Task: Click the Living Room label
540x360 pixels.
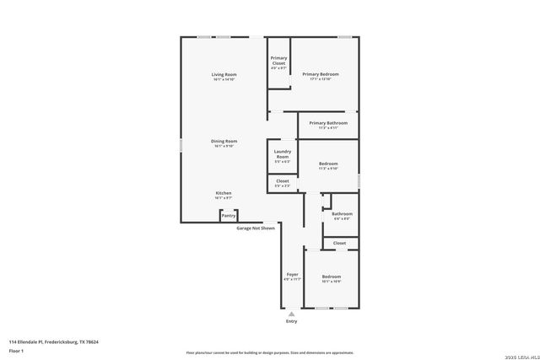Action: tap(224, 75)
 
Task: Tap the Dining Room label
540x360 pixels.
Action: tap(224, 141)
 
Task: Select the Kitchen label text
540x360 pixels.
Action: tap(224, 193)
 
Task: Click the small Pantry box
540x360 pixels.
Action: tap(228, 216)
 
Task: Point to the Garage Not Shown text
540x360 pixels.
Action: tap(256, 228)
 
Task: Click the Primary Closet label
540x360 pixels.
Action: tap(278, 60)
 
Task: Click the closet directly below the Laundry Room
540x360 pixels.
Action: tap(283, 181)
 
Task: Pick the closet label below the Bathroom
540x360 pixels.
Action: tap(339, 243)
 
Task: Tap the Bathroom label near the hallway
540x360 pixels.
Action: tap(342, 214)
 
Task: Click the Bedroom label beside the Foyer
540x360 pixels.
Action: tap(331, 277)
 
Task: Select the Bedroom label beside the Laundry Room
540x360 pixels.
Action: tap(328, 163)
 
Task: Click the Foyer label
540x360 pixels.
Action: tap(292, 275)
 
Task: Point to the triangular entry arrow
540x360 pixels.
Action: tap(292, 313)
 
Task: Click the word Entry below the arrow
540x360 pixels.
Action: tap(292, 321)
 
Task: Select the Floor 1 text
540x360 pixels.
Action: tap(16, 350)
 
